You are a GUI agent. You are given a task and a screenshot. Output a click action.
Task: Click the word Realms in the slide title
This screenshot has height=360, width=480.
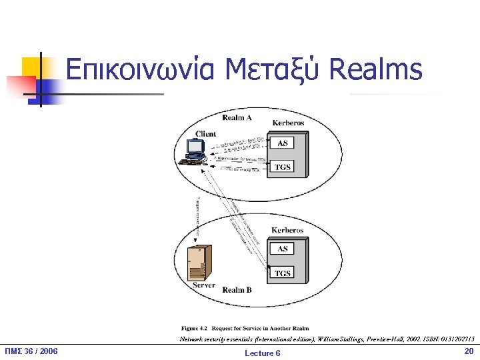click(x=376, y=69)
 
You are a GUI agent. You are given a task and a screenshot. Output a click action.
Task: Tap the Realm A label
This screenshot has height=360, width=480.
click(x=237, y=117)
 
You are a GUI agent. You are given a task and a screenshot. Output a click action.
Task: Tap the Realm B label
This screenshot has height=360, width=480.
click(x=237, y=290)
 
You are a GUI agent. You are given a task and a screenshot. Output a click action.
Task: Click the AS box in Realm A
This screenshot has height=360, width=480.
click(x=283, y=143)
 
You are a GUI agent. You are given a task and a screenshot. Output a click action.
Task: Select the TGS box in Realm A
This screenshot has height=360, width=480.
click(x=283, y=167)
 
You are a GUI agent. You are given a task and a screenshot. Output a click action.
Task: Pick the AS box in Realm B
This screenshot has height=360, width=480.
click(x=283, y=249)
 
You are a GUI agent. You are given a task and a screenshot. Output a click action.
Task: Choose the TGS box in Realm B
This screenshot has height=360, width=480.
click(x=283, y=273)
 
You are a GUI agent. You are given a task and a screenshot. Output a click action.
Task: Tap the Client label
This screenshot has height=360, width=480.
click(x=205, y=134)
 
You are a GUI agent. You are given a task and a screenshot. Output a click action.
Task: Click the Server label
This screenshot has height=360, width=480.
click(x=204, y=285)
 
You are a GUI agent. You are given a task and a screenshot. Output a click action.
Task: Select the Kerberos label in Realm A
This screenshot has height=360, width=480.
click(x=288, y=123)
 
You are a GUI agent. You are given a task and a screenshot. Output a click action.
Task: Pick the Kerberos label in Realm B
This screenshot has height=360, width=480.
click(x=287, y=231)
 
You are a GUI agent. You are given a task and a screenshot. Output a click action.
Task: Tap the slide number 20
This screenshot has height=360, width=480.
click(x=468, y=351)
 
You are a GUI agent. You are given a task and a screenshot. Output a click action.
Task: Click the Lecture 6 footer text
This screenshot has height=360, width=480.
click(x=263, y=353)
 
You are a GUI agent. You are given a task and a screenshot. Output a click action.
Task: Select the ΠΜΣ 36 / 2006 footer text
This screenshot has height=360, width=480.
click(x=31, y=351)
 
